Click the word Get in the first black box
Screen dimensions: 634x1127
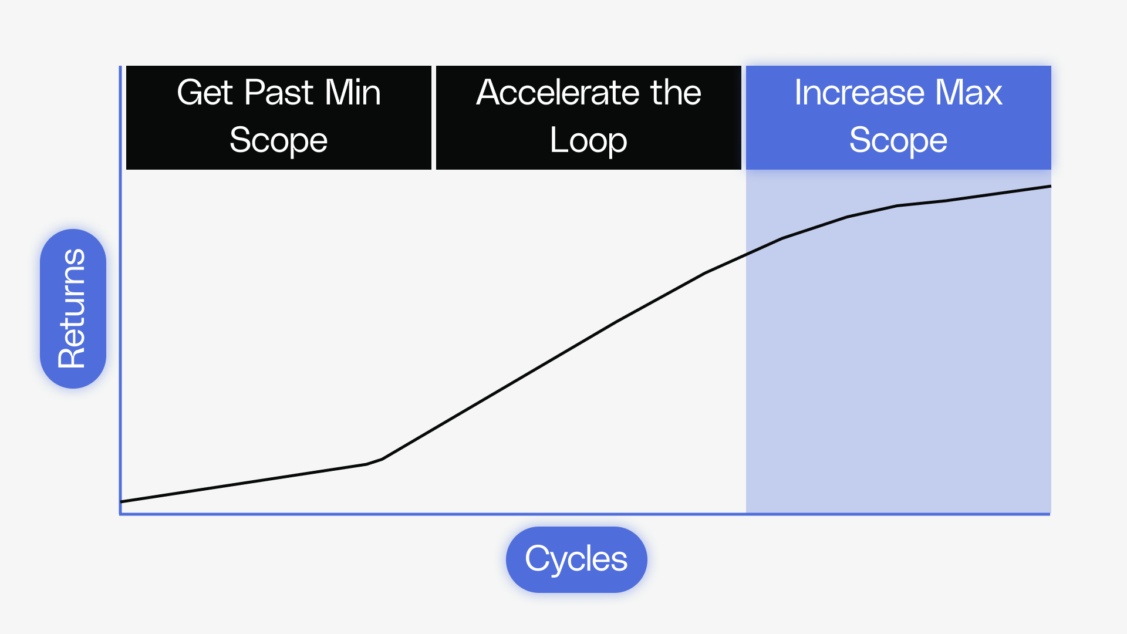(205, 93)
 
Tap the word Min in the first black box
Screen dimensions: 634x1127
(353, 93)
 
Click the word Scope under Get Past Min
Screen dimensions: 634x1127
(278, 141)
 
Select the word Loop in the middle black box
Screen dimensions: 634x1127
(588, 141)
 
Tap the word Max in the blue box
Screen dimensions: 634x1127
(969, 93)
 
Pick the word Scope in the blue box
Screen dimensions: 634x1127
(898, 141)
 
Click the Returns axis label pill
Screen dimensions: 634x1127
(73, 309)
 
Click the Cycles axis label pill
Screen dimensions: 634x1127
(576, 559)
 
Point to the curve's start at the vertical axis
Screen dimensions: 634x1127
(122, 501)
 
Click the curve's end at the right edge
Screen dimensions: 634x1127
(1050, 187)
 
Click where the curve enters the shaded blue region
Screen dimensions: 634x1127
(746, 255)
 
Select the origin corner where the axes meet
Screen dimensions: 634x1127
(121, 514)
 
